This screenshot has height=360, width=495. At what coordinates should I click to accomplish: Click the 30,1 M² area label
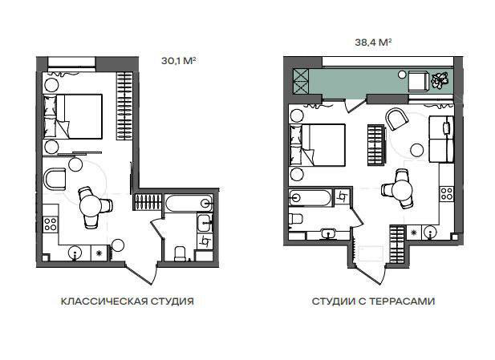tap(178, 61)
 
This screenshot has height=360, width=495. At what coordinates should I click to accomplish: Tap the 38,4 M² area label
tap(373, 42)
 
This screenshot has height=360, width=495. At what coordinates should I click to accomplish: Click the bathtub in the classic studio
tap(189, 202)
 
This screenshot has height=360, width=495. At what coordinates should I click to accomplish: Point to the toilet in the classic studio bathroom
tap(181, 253)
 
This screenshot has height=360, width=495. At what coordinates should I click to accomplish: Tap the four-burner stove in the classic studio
tap(51, 224)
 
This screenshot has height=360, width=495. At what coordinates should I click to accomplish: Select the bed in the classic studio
tap(73, 116)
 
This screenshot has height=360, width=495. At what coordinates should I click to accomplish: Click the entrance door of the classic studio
tap(141, 273)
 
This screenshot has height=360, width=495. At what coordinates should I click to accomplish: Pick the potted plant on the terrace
tap(440, 80)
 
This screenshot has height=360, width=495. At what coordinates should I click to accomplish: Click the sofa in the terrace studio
tap(441, 139)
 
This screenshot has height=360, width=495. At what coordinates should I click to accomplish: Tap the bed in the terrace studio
tap(318, 145)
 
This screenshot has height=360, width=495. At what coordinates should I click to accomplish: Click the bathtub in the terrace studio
tap(310, 197)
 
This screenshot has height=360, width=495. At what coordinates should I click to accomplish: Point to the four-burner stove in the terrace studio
tap(446, 193)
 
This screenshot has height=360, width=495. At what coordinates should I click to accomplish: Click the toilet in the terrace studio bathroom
tap(296, 219)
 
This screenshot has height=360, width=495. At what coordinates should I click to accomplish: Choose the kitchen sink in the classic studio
tap(75, 253)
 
